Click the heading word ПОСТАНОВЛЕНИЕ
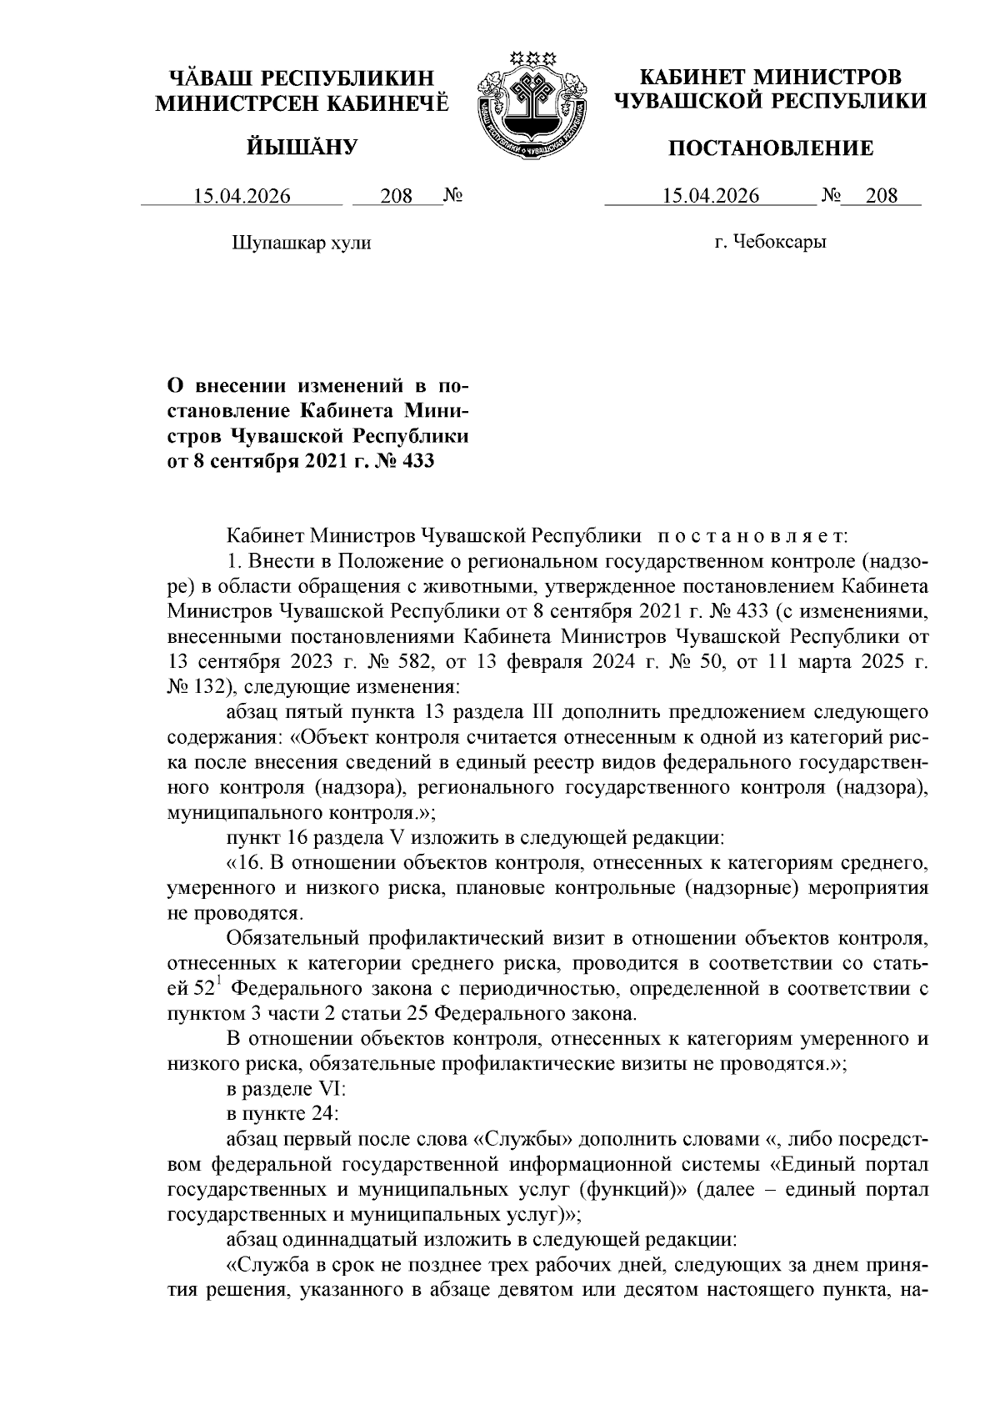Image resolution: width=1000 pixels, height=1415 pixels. (772, 149)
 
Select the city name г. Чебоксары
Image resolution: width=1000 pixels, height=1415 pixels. (770, 243)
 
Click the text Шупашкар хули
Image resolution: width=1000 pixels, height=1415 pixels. (300, 243)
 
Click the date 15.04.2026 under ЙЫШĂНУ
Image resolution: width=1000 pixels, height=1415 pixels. (242, 197)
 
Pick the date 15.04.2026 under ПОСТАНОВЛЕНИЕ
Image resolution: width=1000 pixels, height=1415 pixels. (710, 197)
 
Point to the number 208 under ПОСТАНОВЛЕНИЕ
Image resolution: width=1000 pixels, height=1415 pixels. (882, 197)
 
